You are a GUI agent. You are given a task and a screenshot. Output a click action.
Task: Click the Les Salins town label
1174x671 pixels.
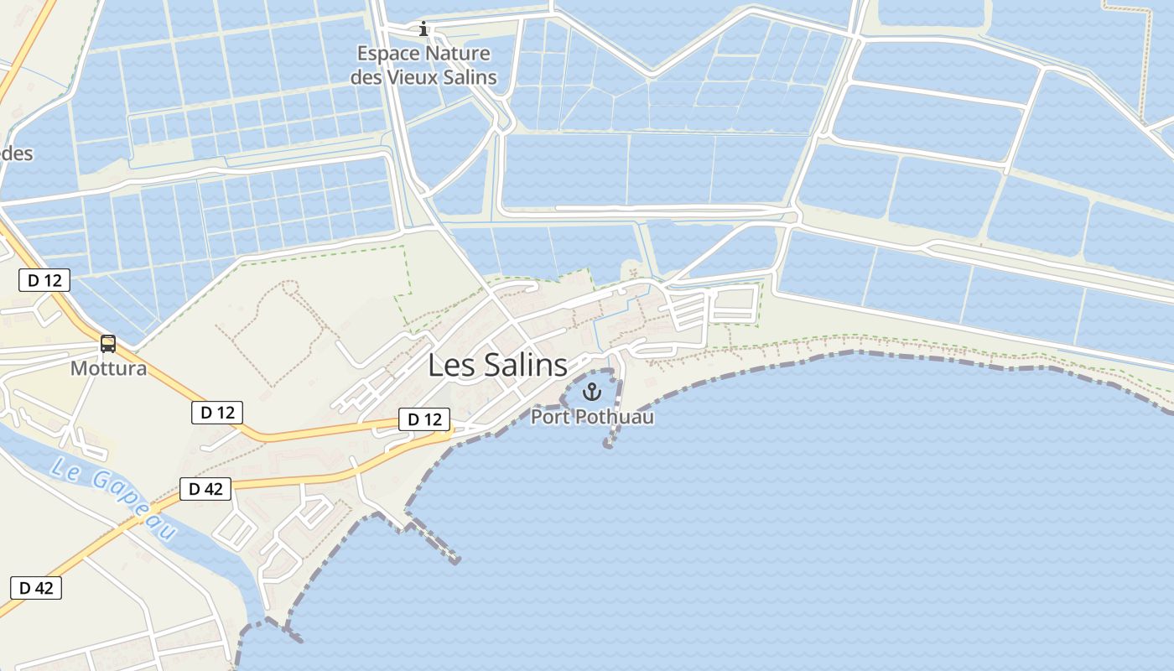[497, 366]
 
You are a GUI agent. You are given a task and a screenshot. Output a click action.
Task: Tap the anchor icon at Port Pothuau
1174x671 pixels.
[592, 392]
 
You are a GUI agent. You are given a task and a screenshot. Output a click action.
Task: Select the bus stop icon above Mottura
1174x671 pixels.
[108, 343]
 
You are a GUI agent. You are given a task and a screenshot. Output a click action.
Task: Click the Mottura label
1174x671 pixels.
[108, 368]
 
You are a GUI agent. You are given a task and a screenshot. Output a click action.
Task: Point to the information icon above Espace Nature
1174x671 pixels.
[423, 29]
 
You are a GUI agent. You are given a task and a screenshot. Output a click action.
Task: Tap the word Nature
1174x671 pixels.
[457, 55]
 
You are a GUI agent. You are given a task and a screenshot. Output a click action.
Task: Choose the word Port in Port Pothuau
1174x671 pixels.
[550, 416]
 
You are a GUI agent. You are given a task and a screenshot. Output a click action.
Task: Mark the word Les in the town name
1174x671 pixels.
[449, 366]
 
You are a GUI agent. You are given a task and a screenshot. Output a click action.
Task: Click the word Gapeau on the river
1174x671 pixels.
[133, 502]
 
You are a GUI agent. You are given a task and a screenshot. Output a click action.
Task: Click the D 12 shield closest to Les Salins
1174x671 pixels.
[424, 419]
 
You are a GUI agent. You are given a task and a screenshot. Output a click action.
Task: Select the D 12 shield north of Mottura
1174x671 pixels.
[44, 280]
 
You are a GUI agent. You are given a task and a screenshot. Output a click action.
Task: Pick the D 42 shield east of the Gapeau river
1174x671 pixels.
[205, 489]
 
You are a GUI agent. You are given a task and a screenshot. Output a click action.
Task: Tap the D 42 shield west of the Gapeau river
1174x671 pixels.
[36, 588]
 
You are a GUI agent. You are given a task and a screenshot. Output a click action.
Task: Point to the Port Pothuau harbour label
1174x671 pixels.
[592, 416]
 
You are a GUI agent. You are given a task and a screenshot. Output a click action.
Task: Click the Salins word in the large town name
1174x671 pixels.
[521, 366]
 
